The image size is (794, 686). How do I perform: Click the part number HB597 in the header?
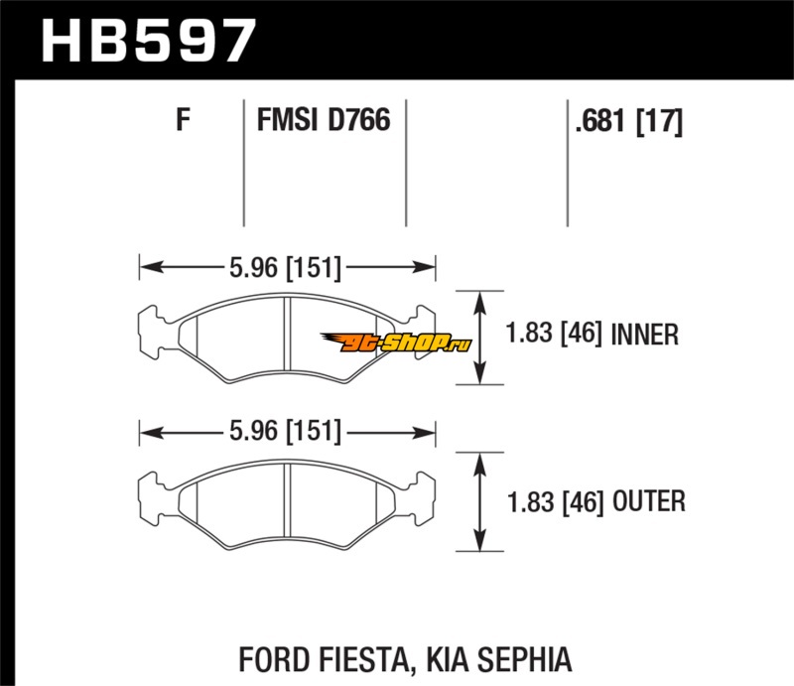tap(148, 41)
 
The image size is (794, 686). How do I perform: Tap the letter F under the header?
tap(183, 120)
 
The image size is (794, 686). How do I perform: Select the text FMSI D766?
tap(324, 120)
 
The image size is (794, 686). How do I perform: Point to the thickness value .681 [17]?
tap(629, 121)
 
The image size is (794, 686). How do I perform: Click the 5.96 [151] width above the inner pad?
tap(285, 267)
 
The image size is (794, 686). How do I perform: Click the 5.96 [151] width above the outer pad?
tap(285, 431)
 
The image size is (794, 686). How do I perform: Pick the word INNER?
tap(644, 335)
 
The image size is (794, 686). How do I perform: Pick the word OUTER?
tap(649, 501)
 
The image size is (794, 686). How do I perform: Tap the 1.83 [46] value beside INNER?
tap(554, 334)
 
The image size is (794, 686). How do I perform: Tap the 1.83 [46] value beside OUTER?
tap(556, 501)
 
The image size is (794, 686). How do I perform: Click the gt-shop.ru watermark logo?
tap(396, 343)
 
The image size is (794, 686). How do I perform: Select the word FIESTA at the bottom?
tap(363, 659)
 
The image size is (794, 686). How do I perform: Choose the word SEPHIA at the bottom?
tap(524, 659)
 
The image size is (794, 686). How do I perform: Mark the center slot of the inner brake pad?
tap(287, 335)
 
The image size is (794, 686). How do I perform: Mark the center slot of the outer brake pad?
tap(287, 500)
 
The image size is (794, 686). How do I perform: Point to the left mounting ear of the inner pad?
tap(152, 333)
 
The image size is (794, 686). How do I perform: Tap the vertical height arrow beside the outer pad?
tap(479, 501)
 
